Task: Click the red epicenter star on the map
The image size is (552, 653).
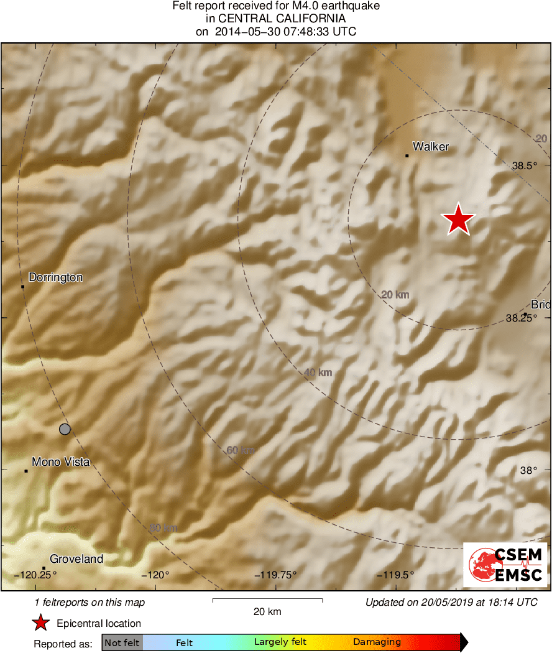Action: [458, 220]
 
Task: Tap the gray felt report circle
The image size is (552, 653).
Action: [65, 428]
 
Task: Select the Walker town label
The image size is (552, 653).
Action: [430, 147]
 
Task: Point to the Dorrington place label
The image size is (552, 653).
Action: [55, 277]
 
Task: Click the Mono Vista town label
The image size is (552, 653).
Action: [60, 462]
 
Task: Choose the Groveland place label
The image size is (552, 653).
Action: [76, 559]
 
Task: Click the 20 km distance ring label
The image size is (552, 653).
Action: [395, 295]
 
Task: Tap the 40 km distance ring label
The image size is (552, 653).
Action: [318, 373]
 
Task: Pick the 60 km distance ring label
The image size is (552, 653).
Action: [240, 450]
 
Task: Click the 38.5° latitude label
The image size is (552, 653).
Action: [523, 166]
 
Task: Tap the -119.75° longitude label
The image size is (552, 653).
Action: [275, 575]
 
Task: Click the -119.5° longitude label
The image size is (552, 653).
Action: [395, 575]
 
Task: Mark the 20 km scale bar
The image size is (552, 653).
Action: [267, 600]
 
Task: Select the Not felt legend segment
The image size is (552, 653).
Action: [122, 642]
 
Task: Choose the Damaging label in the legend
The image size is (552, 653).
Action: [377, 642]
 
